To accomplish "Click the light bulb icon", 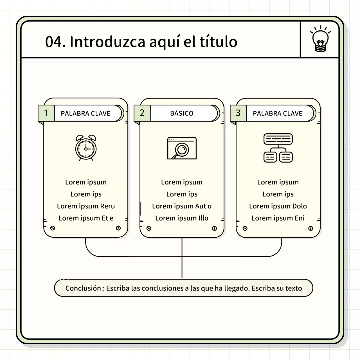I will click(320, 40).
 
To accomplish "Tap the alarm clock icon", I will click(86, 148).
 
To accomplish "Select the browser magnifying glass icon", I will click(182, 148).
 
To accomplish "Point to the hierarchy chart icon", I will click(278, 148).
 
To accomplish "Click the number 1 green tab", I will click(46, 113).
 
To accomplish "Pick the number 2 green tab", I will click(142, 113).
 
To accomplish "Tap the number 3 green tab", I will click(238, 113).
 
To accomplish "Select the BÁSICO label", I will click(182, 113).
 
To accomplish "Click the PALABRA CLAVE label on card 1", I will click(85, 113).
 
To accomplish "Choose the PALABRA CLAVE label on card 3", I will click(278, 113).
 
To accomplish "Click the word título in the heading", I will click(218, 42).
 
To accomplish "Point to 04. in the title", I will click(55, 42).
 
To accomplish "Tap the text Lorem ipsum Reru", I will click(86, 206).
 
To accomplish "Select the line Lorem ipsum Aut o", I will click(182, 206).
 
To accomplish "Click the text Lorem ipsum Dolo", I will click(278, 206).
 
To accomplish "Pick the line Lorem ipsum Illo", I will click(182, 218).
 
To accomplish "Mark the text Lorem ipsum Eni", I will click(278, 218).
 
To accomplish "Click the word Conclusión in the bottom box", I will click(83, 288).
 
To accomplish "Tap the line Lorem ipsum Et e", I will click(86, 218).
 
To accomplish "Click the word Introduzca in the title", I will click(107, 42).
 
